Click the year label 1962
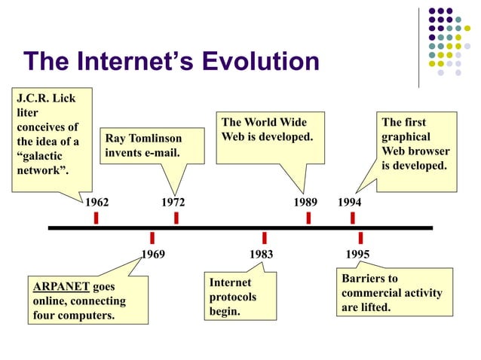point(97,203)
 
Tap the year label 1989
point(305,203)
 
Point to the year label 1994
point(349,203)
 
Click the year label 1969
point(153,255)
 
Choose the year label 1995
point(357,255)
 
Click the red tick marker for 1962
point(97,218)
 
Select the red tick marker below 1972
point(176,218)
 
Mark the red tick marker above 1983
point(264,237)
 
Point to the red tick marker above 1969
point(152,237)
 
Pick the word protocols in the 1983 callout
point(233,297)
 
